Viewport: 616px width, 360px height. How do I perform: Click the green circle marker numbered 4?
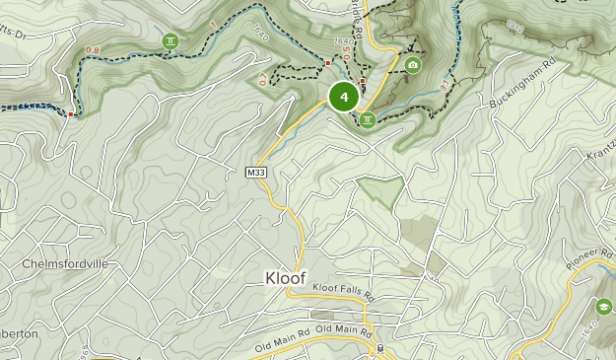point(343,97)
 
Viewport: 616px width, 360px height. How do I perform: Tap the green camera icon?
point(412,65)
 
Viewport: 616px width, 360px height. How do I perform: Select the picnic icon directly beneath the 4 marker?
point(367,120)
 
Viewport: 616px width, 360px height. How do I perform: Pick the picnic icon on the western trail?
point(171,40)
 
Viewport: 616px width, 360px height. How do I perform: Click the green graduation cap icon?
point(602,305)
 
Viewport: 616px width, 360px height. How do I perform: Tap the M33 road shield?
point(257,173)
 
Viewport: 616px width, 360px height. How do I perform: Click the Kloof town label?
point(286,277)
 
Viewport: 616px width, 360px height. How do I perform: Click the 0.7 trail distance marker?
point(263,78)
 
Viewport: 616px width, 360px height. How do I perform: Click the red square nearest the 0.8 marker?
point(70,114)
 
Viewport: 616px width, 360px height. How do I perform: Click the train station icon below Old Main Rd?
point(378,348)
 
